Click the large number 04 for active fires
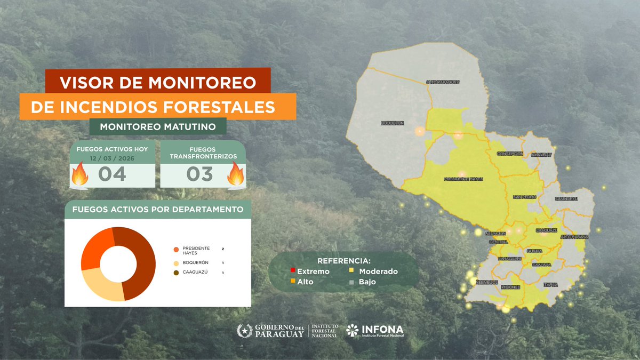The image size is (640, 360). (112, 174)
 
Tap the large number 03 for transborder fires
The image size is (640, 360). (199, 174)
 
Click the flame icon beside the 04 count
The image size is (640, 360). (79, 174)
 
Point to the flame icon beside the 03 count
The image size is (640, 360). (235, 174)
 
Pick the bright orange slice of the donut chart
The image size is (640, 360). (96, 248)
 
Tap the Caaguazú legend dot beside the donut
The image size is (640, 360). (176, 273)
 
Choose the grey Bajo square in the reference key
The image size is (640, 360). (352, 282)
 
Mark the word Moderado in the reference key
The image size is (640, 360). (378, 271)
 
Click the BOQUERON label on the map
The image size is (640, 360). (393, 123)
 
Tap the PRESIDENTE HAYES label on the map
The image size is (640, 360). (463, 179)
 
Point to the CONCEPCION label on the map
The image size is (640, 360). (510, 154)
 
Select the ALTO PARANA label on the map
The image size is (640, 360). (574, 236)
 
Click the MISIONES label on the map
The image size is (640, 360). (510, 287)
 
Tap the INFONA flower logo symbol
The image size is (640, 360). (353, 331)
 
